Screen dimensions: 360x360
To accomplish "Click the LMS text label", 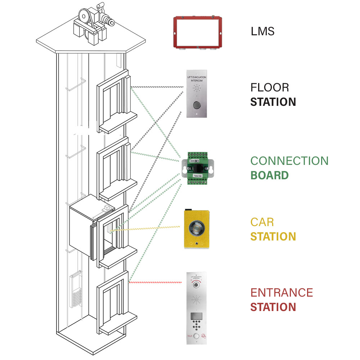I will (262, 31).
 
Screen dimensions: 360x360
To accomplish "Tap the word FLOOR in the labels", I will (270, 87).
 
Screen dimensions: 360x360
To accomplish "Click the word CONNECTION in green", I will (289, 161).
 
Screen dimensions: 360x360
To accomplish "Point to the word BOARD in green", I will (269, 175).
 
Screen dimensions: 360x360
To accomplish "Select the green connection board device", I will (197, 168).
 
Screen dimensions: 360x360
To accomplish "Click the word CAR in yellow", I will (262, 222).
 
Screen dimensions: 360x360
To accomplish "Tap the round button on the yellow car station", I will (197, 229).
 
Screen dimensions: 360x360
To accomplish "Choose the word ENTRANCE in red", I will (282, 292).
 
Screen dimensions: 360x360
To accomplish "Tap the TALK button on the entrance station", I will (196, 336).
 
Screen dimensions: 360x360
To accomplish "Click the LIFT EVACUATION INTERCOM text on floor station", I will (197, 80).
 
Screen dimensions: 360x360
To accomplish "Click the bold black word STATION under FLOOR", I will (273, 102).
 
